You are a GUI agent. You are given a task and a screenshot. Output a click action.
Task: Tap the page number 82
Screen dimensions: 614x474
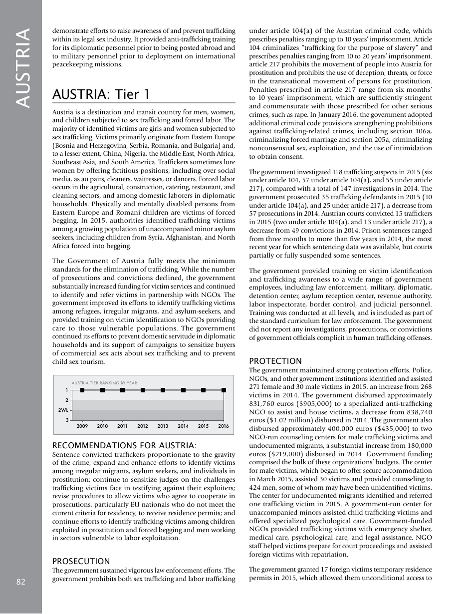tap(21, 582)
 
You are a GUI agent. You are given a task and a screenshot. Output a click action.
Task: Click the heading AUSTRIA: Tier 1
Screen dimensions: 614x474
tap(100, 94)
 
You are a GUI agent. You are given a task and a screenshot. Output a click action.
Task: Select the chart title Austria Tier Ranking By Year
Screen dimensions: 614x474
tap(104, 383)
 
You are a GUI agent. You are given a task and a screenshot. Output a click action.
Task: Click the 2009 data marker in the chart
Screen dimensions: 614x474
tap(82, 390)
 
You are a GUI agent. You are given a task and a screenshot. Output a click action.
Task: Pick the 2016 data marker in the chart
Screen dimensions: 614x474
tap(224, 390)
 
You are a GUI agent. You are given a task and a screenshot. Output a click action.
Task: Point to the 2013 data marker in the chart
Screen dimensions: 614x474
tap(163, 390)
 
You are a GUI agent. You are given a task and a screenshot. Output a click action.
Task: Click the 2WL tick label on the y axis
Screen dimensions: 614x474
tap(63, 410)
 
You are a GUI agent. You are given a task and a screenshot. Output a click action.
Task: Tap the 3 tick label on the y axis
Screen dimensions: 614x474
tap(67, 420)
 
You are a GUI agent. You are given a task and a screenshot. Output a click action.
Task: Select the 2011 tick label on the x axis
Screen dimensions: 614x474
tap(122, 426)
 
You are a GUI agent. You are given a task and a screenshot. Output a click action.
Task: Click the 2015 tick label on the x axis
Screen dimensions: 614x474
tap(203, 426)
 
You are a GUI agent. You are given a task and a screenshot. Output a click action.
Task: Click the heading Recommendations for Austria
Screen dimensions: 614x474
tap(124, 445)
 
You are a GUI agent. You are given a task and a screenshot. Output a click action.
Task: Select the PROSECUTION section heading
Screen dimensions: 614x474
tap(81, 561)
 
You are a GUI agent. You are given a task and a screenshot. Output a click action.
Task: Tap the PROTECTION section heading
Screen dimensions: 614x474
tap(275, 361)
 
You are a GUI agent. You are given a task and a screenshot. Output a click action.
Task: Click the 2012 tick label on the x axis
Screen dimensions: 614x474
tap(143, 426)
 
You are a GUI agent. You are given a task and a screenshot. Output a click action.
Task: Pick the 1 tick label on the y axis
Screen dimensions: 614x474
tap(67, 390)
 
